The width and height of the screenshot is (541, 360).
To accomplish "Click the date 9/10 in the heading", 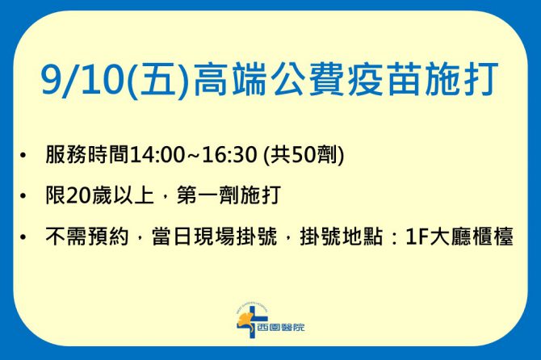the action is click(x=82, y=80).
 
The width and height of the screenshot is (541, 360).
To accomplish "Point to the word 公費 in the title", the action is click(x=308, y=80).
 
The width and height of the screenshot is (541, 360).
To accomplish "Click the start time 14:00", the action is click(x=157, y=154).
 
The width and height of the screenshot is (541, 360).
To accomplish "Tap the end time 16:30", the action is click(x=229, y=154).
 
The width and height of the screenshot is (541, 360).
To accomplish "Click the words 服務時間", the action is click(x=87, y=154).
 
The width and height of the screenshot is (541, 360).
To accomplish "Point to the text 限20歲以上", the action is click(x=99, y=195).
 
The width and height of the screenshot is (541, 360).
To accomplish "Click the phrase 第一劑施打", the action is click(x=229, y=195).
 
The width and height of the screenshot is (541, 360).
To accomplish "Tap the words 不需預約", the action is click(x=87, y=237).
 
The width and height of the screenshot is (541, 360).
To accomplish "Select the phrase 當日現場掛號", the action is click(x=214, y=237).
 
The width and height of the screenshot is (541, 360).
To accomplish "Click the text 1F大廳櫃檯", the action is click(x=459, y=237).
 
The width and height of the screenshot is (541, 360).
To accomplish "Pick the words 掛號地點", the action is click(x=342, y=237).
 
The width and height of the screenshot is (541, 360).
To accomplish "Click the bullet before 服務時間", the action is click(x=23, y=155).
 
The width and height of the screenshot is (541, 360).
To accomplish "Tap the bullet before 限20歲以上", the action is click(x=23, y=196).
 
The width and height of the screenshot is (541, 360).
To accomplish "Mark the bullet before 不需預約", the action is click(x=23, y=237).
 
